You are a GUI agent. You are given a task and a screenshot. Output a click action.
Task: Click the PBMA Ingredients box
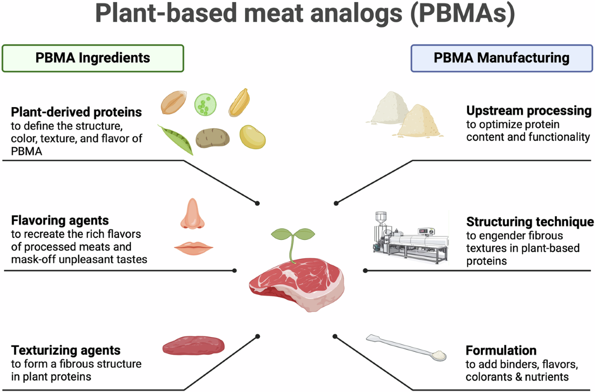coord(93,58)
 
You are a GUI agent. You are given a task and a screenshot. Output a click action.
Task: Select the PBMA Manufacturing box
coord(502,58)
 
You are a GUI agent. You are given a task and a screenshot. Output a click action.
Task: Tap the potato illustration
coord(213,138)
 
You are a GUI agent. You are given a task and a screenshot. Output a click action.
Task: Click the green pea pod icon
coord(176,140)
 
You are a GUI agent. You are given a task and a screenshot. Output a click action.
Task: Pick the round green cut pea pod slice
coord(205,105)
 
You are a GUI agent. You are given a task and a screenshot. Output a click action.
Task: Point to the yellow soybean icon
coord(252,137)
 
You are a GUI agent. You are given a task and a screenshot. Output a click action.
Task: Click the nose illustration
coord(192,214)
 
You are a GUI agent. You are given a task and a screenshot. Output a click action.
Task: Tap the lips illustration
coord(194,248)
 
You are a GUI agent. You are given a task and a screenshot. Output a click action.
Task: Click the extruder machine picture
coord(411,237)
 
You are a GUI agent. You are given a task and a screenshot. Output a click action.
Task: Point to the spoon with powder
coord(407,347)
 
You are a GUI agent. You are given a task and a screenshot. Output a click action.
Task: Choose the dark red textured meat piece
coord(194,345)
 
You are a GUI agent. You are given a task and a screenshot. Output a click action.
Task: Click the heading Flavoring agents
coord(60,221)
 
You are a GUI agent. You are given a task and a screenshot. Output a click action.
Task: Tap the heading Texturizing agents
coord(65,350)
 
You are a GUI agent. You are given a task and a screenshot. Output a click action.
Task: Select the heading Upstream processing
coord(529,111)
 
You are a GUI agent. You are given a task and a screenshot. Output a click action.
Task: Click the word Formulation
coord(501,350)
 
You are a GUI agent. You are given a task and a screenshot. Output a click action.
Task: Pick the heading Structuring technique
coord(530,222)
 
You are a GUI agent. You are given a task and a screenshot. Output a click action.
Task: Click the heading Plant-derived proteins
coord(76,112)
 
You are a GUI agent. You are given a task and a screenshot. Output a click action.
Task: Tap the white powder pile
coord(389,109)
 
